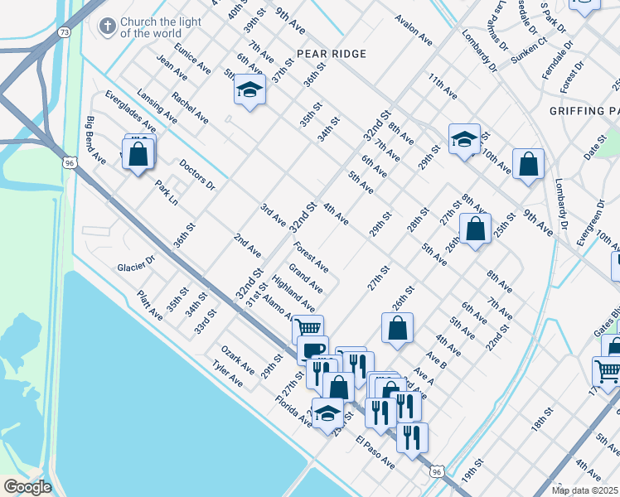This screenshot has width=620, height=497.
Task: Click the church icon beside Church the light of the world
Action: pos(107,27)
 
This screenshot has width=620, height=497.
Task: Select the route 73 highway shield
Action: pos(65,31)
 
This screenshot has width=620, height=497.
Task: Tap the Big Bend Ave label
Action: pos(95,139)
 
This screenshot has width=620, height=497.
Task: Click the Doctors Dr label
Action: pos(196,175)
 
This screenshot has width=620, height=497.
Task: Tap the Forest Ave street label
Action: pos(311,257)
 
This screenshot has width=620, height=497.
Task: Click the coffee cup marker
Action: pos(313,350)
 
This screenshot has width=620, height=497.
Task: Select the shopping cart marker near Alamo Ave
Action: pos(308,329)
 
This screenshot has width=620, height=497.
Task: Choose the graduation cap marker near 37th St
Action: pos(249,89)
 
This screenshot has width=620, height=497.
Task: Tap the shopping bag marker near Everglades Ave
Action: pos(138,153)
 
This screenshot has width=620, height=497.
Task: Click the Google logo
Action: pos(27,486)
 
